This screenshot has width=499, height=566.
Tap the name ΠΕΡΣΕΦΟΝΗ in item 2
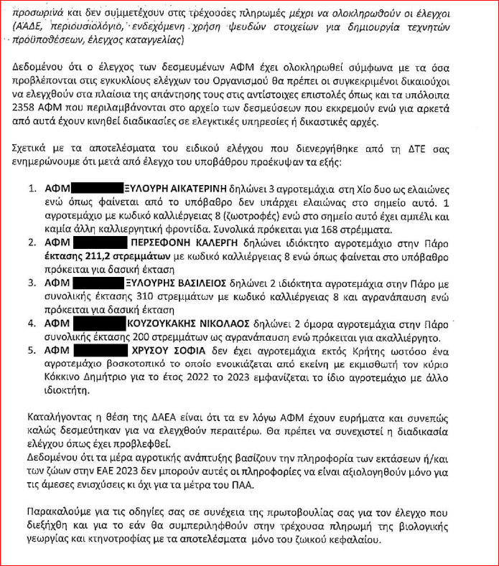(x=159, y=244)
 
